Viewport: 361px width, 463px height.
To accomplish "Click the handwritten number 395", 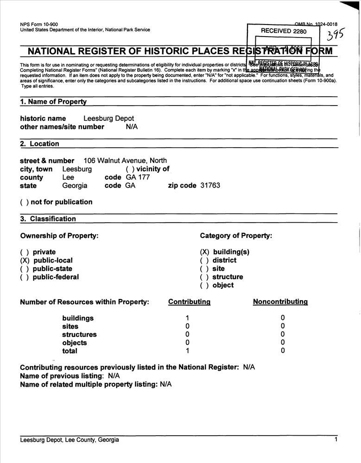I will [x=336, y=36].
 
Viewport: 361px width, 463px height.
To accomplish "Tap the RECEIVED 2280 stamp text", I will [x=284, y=31].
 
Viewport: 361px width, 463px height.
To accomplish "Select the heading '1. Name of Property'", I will [x=53, y=101].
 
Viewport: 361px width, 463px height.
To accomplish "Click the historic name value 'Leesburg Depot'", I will [x=108, y=119].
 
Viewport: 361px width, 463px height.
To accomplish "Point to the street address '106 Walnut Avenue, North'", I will [x=125, y=161].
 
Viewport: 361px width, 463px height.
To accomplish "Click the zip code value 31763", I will [x=210, y=186].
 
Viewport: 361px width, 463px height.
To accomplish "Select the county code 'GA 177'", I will [x=138, y=177].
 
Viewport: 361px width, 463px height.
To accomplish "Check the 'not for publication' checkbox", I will [x=24, y=202].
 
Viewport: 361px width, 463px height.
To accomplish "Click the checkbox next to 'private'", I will [x=25, y=252].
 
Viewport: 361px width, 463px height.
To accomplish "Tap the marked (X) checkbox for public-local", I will [x=25, y=261].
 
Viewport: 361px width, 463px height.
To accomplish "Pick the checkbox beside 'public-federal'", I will [x=25, y=277].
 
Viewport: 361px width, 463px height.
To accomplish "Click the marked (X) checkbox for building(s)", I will [x=204, y=252].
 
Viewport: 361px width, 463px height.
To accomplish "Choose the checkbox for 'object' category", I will [x=204, y=286].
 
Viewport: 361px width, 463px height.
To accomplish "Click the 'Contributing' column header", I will [x=189, y=302].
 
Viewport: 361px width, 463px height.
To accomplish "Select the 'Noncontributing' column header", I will [x=280, y=302].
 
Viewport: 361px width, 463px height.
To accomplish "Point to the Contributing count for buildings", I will [x=187, y=318].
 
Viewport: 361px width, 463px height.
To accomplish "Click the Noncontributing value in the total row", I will [x=283, y=351].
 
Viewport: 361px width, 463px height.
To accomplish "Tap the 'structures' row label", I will [x=79, y=335].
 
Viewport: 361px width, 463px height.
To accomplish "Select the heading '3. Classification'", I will [x=48, y=219].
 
